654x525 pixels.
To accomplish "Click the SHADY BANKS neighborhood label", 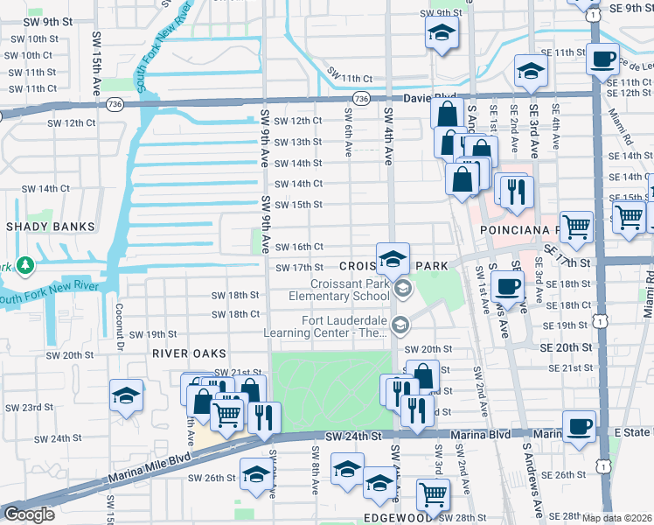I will pyautogui.click(x=50, y=227).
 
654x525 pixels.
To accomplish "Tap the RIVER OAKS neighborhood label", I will pyautogui.click(x=189, y=353).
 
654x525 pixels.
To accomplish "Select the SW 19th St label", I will pyautogui.click(x=153, y=334).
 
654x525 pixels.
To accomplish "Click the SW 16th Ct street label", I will pyautogui.click(x=300, y=248).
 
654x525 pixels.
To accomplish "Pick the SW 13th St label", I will pyautogui.click(x=298, y=142).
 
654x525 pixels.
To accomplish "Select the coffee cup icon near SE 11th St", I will pyautogui.click(x=601, y=59).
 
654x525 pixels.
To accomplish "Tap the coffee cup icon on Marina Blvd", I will pyautogui.click(x=579, y=426).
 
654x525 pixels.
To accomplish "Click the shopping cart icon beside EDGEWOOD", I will pyautogui.click(x=432, y=494).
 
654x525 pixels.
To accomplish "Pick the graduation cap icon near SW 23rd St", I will pyautogui.click(x=127, y=395).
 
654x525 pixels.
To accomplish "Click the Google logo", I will pyautogui.click(x=29, y=514).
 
